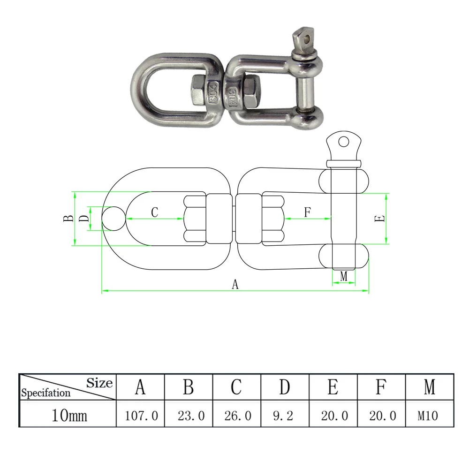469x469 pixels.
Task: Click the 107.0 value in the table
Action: (141, 416)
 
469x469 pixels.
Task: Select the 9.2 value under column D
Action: (283, 416)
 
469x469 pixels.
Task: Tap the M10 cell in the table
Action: (428, 416)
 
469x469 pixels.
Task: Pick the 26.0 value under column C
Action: (238, 416)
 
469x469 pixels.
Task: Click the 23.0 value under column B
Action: (191, 416)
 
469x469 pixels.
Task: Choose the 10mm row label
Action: (69, 416)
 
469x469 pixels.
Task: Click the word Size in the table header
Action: (99, 383)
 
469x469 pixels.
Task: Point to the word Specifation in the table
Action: (46, 393)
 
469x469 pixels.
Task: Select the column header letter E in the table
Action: (333, 387)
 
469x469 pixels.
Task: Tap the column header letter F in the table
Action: (380, 387)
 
